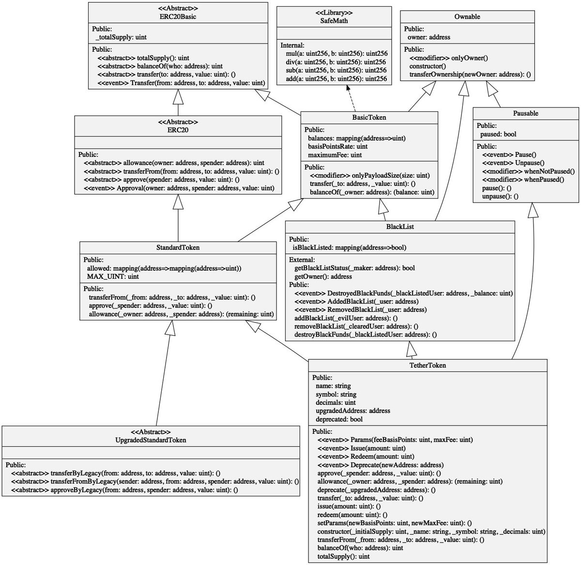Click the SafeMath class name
point(334,21)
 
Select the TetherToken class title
point(428,365)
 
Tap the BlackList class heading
point(400,227)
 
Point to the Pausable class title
point(525,113)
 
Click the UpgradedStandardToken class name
point(151,440)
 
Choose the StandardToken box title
point(178,247)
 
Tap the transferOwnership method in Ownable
point(470,75)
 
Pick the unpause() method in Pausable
point(500,196)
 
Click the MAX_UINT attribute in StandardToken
point(113,276)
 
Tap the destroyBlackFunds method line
point(366,334)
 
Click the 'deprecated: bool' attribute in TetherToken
point(339,419)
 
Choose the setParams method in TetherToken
point(391,523)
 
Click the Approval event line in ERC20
point(179,188)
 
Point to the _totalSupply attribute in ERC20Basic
point(121,37)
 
